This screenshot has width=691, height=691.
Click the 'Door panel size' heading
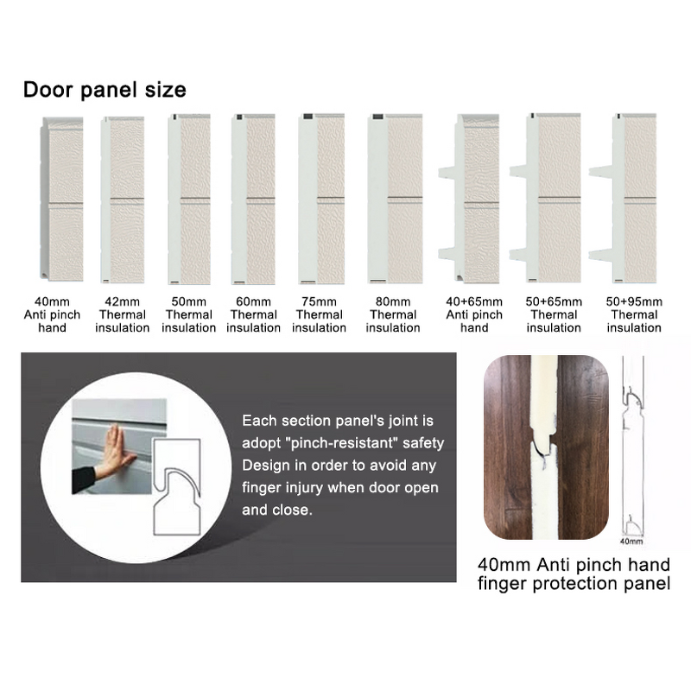[104, 90]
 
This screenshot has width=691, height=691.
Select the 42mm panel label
[122, 314]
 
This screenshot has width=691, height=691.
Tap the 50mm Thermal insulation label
[188, 314]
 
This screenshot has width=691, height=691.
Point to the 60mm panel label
[253, 314]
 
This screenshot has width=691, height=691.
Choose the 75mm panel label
[320, 314]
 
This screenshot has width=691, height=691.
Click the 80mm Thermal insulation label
[393, 314]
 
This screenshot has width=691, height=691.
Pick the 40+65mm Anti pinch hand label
[474, 314]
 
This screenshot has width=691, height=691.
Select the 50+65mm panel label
[554, 314]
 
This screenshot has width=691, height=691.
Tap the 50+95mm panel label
[634, 314]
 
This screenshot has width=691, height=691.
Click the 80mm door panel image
[393, 200]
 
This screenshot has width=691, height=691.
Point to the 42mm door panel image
[122, 200]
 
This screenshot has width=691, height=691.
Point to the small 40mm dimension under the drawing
[632, 542]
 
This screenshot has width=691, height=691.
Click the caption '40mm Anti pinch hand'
[574, 566]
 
